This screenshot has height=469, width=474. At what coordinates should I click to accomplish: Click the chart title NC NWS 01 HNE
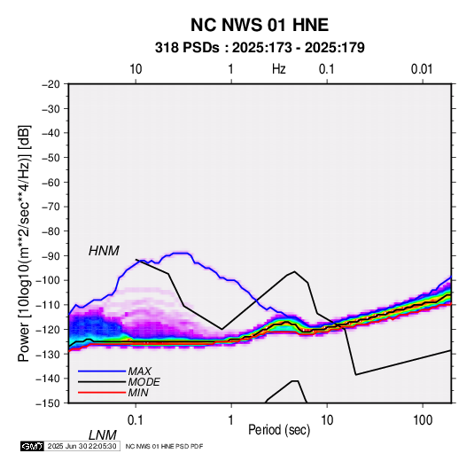[260, 25]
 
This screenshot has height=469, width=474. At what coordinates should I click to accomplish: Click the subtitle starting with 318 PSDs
[260, 48]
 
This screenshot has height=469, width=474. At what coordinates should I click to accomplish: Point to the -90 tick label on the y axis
[51, 255]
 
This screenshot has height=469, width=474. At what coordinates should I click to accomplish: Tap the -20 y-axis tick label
[51, 84]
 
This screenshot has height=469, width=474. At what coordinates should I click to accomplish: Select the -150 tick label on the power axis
[48, 403]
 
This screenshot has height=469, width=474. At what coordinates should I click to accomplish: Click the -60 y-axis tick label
[51, 182]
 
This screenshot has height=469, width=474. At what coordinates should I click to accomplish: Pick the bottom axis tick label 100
[423, 419]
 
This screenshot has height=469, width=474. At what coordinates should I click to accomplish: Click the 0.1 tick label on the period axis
[136, 419]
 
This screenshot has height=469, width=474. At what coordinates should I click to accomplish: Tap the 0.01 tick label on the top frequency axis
[422, 69]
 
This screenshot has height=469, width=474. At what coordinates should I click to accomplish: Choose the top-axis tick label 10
[136, 69]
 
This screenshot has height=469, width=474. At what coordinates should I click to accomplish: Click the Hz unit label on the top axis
[278, 69]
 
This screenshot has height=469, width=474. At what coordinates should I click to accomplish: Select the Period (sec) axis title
[279, 430]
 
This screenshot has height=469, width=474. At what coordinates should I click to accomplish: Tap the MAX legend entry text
[139, 371]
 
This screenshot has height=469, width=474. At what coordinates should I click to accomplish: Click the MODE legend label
[144, 382]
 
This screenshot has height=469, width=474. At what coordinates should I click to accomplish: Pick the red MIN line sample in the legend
[102, 393]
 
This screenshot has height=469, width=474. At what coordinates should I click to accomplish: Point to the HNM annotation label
[104, 251]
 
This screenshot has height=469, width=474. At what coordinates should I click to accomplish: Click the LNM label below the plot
[103, 435]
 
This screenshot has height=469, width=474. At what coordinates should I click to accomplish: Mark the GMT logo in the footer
[32, 446]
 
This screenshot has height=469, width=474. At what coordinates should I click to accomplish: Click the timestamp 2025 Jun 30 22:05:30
[82, 446]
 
